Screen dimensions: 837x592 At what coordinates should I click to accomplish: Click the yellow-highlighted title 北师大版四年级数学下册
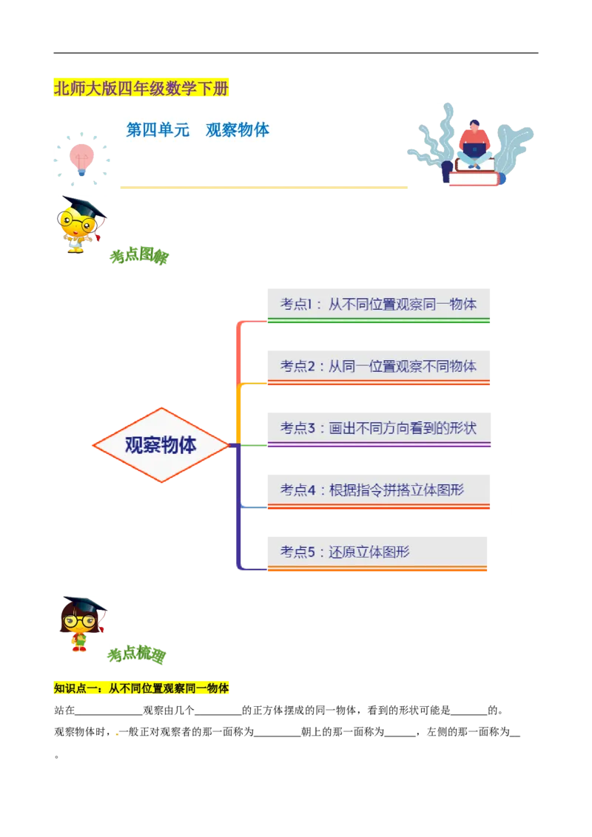coord(141,89)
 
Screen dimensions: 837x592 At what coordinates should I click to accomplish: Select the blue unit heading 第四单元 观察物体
coord(198,130)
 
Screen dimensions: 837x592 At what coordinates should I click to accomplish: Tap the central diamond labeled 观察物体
coord(161,445)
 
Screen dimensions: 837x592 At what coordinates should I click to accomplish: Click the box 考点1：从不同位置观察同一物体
coord(378,303)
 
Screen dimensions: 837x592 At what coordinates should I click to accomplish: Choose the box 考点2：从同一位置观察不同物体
coord(378,365)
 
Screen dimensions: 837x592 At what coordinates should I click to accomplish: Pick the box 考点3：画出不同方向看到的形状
coord(378,427)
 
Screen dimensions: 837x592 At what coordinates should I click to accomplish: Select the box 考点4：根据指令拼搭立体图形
coord(378,489)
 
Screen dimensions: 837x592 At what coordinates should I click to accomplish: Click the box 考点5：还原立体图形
coord(378,551)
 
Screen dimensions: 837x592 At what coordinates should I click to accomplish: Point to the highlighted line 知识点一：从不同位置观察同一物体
coord(141,688)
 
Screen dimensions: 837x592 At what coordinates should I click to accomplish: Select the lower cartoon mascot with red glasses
coord(80,623)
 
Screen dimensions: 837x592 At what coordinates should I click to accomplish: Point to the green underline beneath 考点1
coord(378,322)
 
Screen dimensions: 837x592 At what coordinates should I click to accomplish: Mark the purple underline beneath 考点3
coord(378,445)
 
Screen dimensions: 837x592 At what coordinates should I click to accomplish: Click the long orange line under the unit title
coord(263,187)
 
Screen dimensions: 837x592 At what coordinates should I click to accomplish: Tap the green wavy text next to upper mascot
coord(138,257)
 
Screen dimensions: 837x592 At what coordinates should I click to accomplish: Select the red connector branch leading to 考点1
coord(236,348)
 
